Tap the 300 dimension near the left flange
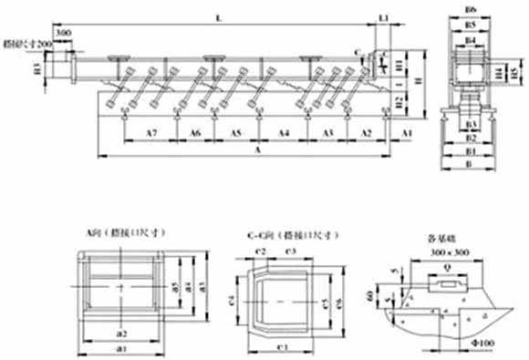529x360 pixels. click(x=63, y=33)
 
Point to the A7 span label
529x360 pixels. click(x=152, y=133)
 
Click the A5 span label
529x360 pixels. click(x=235, y=133)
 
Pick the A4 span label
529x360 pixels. click(x=285, y=133)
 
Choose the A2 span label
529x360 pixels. click(x=367, y=133)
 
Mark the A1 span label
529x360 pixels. click(x=407, y=133)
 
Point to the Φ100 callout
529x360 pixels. click(x=485, y=345)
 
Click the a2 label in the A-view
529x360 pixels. click(x=120, y=330)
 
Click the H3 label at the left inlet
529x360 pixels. click(x=37, y=67)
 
